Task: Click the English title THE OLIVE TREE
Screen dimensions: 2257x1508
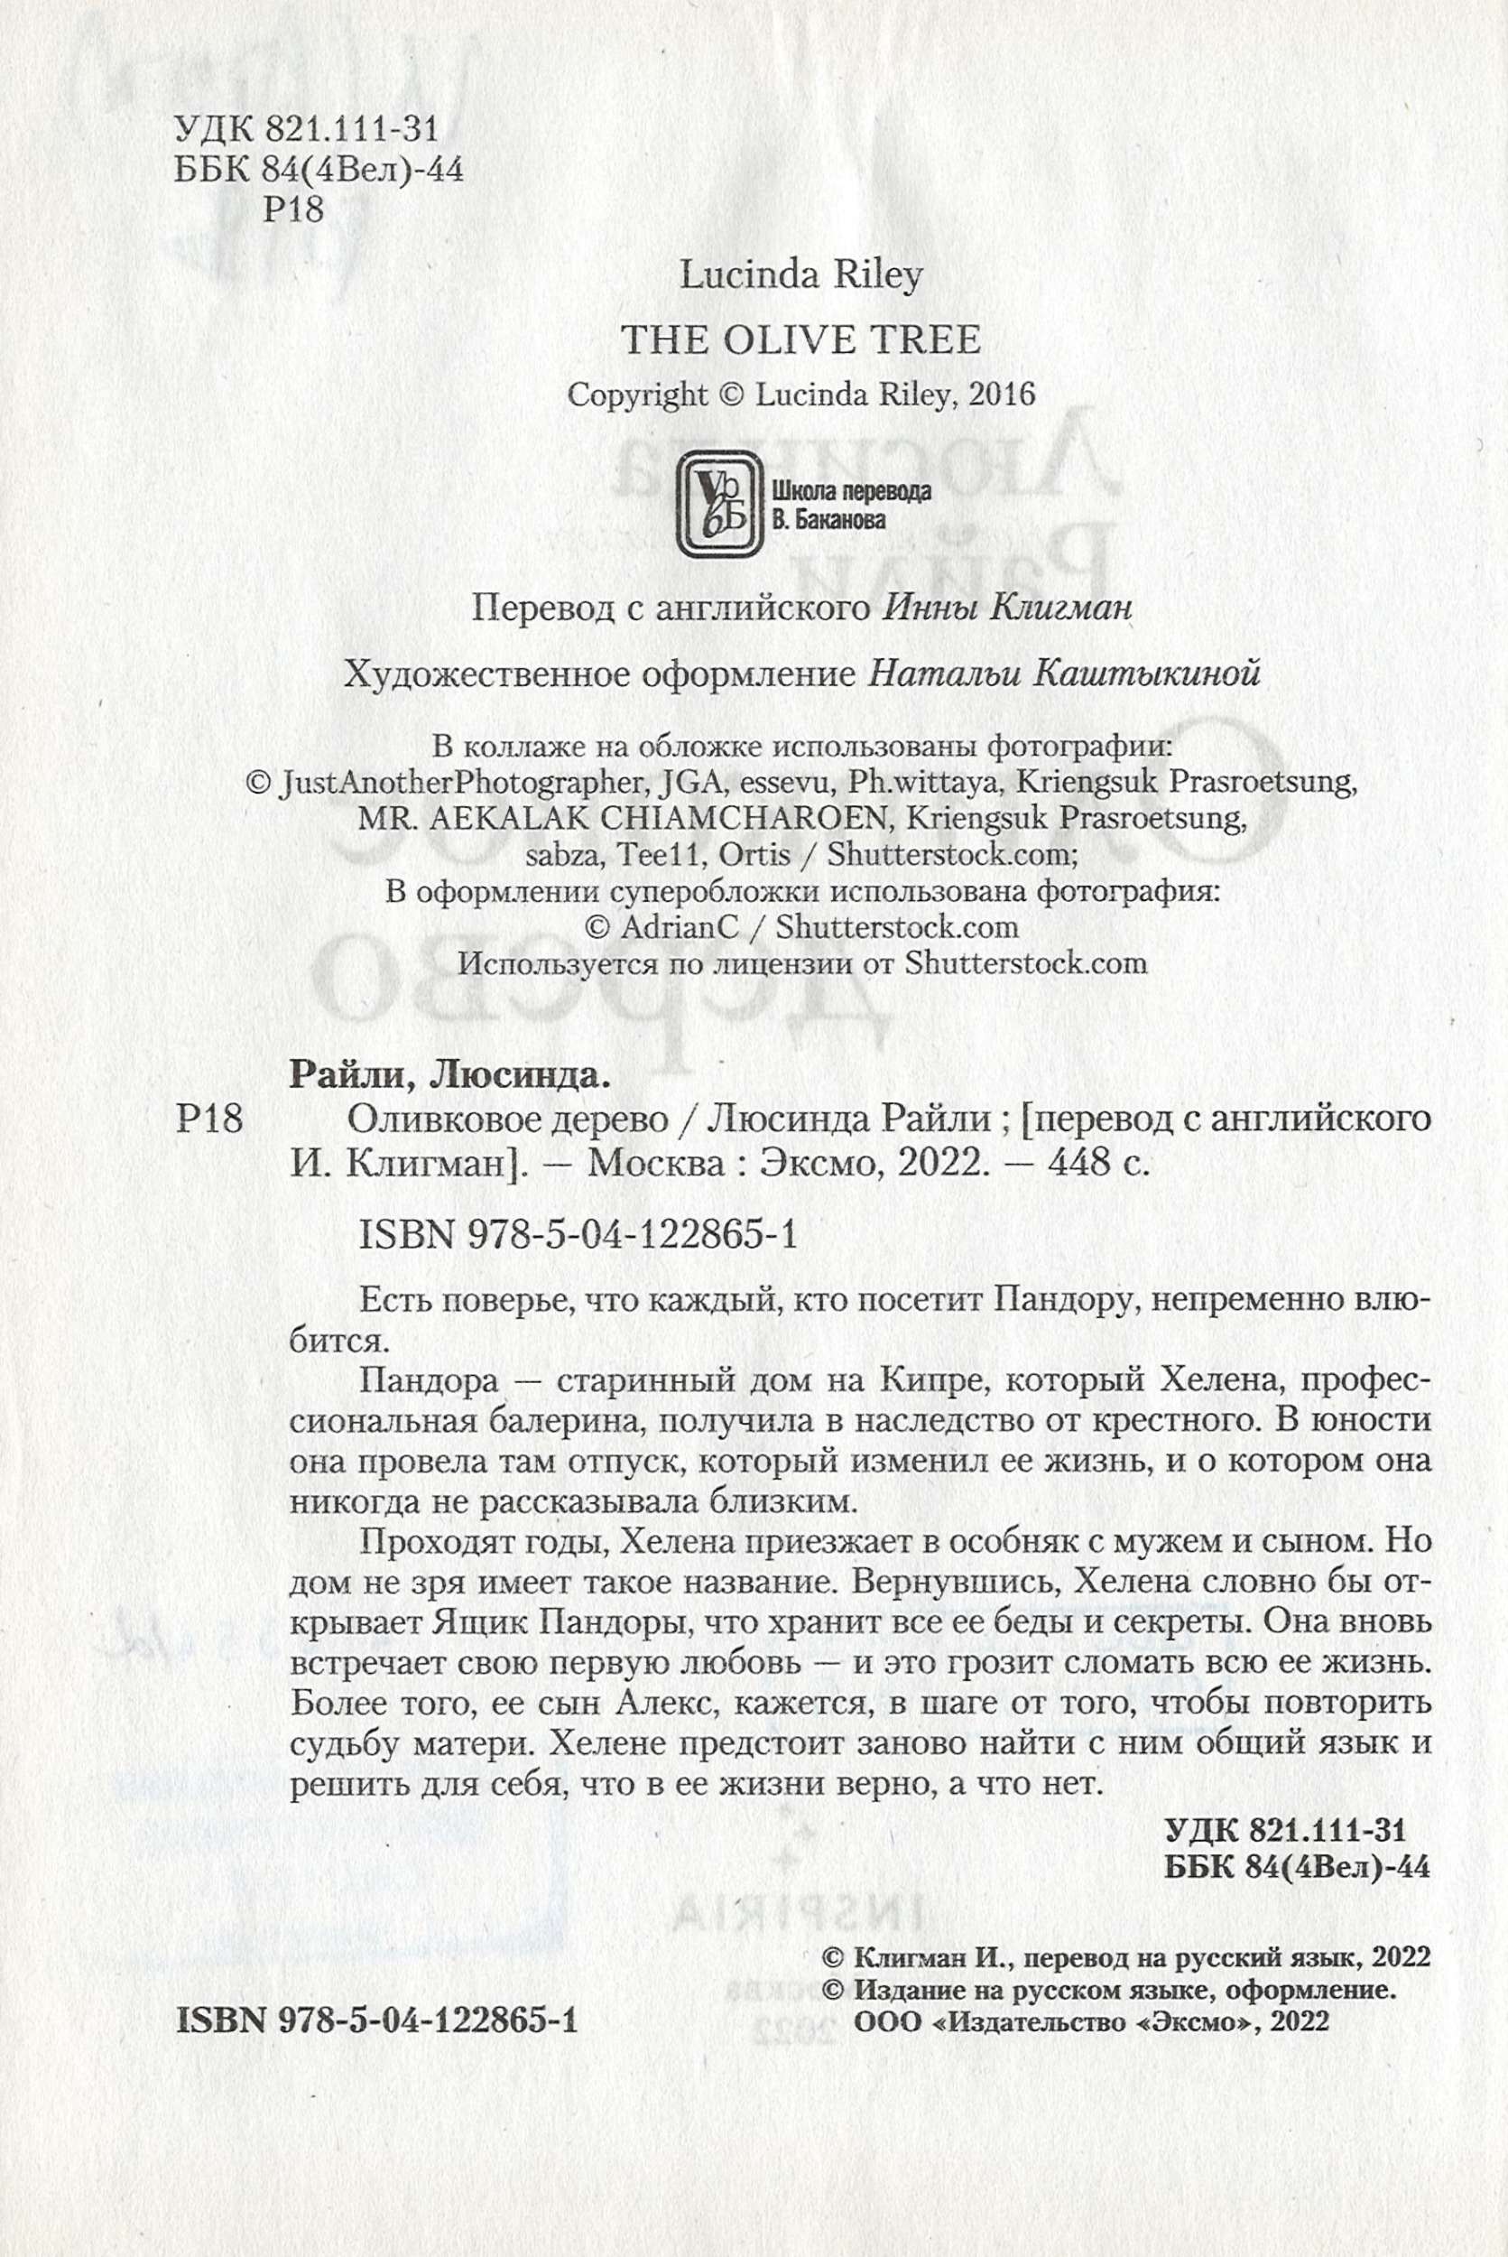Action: click(800, 340)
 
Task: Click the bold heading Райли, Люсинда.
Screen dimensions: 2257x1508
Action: click(450, 1075)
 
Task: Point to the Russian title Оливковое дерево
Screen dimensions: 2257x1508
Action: click(508, 1119)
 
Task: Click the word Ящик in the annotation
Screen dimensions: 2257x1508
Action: click(478, 1622)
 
